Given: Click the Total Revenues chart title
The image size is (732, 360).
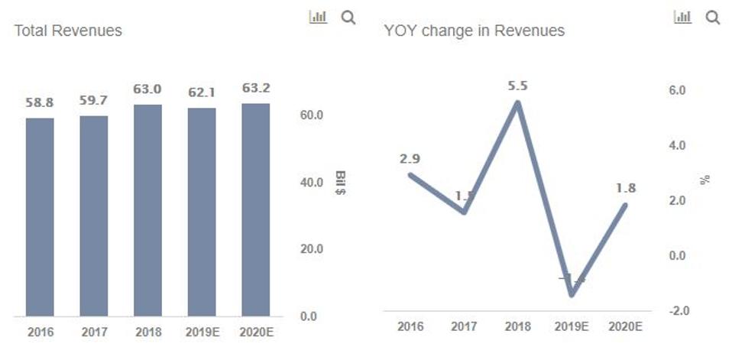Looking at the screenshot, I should (x=68, y=31).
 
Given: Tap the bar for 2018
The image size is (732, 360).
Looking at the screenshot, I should (x=147, y=209).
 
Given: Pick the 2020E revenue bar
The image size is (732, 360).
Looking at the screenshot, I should (x=255, y=209).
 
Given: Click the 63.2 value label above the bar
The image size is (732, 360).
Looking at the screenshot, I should (x=255, y=89).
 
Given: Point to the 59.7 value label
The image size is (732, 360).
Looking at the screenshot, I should (x=93, y=101).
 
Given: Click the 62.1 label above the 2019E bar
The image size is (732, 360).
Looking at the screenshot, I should (x=201, y=93).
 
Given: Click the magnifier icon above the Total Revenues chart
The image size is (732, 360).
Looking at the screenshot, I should (x=348, y=18).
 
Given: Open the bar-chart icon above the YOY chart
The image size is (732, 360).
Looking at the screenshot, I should (x=682, y=18).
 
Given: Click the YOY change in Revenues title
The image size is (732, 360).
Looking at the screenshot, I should (x=475, y=31).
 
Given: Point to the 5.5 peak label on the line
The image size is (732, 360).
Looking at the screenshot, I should (x=517, y=86).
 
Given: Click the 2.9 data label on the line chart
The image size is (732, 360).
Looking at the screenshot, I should (x=410, y=159).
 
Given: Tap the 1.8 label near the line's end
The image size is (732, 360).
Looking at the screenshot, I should (x=626, y=188).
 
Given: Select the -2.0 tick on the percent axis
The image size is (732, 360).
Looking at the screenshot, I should (x=679, y=311).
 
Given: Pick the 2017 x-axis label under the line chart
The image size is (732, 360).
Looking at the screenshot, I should (x=464, y=326).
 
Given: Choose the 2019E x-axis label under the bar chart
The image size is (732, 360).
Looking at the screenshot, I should (x=201, y=333).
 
